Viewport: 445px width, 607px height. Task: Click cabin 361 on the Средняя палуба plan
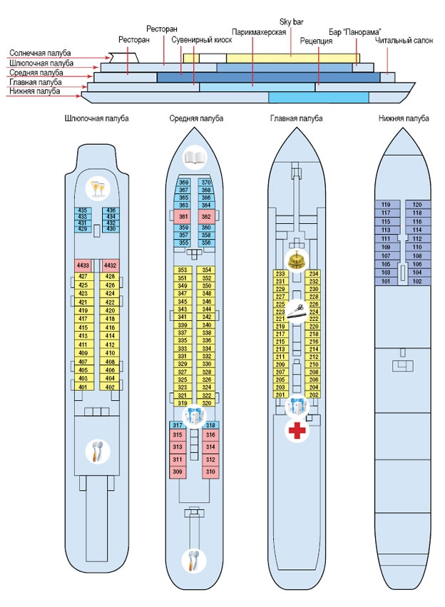tap(183, 217)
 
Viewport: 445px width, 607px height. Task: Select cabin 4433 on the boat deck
tap(83, 265)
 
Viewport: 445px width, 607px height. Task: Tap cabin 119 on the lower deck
tap(386, 205)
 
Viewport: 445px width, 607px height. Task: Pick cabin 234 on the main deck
tap(314, 274)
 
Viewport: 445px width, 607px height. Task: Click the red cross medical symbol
tap(297, 431)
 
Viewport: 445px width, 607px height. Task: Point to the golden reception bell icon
tap(297, 260)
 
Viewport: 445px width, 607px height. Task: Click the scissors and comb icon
tap(297, 311)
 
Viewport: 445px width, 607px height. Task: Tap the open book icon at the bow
tap(195, 157)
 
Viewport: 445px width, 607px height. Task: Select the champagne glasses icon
tap(98, 188)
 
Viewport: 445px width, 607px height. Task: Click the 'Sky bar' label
tap(292, 22)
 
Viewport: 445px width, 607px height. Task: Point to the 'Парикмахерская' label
tap(259, 32)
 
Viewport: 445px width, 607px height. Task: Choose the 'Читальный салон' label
tap(404, 40)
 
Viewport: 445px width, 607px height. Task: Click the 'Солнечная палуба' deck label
tap(40, 53)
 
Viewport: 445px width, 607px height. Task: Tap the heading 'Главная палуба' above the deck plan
tap(297, 118)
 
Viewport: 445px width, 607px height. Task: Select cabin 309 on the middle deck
tap(178, 472)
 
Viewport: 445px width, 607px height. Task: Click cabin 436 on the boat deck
tap(111, 210)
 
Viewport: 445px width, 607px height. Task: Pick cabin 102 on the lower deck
tap(417, 282)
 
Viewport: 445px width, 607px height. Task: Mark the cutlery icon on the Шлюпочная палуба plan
tap(98, 451)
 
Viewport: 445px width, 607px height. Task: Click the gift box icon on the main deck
tap(297, 406)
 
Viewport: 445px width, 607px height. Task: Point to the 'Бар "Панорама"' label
tap(355, 32)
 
